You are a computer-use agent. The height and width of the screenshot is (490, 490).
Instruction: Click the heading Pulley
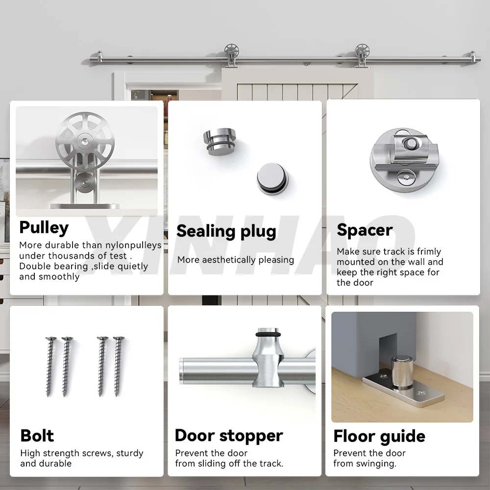[44, 228]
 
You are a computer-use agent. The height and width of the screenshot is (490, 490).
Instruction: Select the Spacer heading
[365, 230]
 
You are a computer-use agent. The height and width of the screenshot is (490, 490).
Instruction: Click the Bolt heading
[37, 436]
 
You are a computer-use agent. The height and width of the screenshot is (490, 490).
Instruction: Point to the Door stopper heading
[229, 436]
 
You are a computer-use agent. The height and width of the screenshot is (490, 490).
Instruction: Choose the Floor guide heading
[379, 436]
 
